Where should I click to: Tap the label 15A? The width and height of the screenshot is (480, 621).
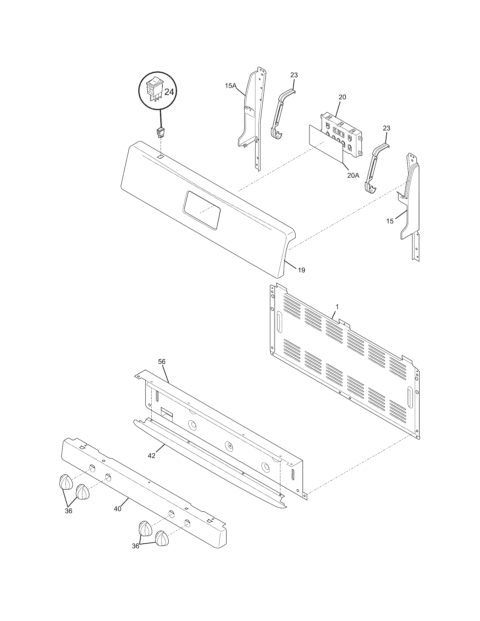pos(231,85)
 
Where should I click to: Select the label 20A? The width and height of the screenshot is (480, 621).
pos(353,176)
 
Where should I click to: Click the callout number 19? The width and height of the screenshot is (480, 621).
pos(302,270)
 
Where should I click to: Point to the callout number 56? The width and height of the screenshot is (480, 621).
pos(162,362)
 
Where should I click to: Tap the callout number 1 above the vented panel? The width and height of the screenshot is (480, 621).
pos(337,307)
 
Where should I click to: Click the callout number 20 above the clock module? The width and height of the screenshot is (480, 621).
pos(342,97)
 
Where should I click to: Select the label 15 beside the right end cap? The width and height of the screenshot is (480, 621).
pos(390,221)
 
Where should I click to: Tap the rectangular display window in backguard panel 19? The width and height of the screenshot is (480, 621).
pos(202,210)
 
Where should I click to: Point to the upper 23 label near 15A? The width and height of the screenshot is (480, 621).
pos(294,75)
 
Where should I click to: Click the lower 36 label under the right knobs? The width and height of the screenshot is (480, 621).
pos(136,554)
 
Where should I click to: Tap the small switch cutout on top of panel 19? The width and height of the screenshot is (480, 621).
pos(161,156)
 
